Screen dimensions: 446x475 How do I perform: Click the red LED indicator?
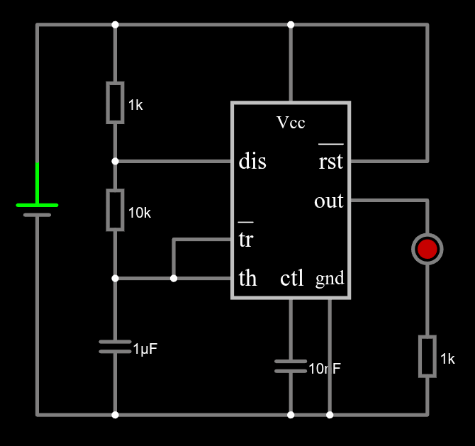tap(427, 249)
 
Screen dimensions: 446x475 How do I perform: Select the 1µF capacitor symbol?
tap(115, 347)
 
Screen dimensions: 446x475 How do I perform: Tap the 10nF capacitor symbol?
tap(290, 366)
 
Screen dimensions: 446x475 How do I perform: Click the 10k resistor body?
tap(115, 209)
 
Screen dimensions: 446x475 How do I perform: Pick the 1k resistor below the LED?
tap(427, 356)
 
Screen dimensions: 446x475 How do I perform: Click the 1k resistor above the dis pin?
tap(115, 103)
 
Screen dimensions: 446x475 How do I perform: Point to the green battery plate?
tap(37, 205)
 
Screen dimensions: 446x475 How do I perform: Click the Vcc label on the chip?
tap(291, 123)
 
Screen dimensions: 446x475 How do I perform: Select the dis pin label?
tap(252, 162)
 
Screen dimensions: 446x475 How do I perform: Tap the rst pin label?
tap(330, 162)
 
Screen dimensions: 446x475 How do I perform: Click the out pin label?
tap(328, 201)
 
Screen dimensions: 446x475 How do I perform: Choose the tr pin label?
tap(245, 240)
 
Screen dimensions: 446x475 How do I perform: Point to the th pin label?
tap(247, 279)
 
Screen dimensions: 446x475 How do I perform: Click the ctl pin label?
tap(291, 279)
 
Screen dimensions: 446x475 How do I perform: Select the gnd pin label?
tap(330, 279)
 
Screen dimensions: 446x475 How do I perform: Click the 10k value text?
tap(139, 213)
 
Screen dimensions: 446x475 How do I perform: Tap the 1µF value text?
tap(145, 349)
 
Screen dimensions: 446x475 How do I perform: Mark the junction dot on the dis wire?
tap(115, 161)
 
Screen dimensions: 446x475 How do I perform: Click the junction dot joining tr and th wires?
tap(174, 278)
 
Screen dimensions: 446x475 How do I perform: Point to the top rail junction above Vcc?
tap(290, 25)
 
